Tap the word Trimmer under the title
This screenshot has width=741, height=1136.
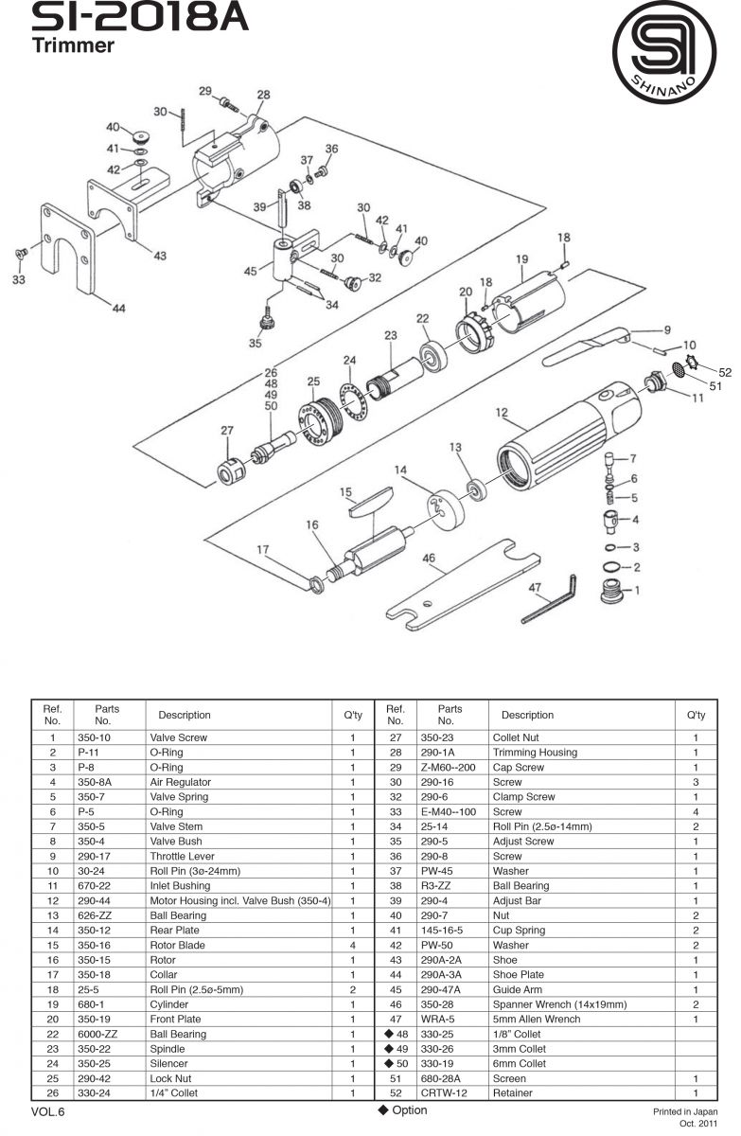pos(73,44)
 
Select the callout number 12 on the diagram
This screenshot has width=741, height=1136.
pos(503,412)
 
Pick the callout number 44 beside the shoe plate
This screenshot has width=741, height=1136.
pos(118,309)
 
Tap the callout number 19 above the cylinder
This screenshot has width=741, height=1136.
pos(521,258)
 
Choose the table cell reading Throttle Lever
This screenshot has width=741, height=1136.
pos(182,856)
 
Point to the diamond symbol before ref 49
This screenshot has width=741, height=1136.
pos(388,1048)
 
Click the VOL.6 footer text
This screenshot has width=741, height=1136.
pos(47,1111)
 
